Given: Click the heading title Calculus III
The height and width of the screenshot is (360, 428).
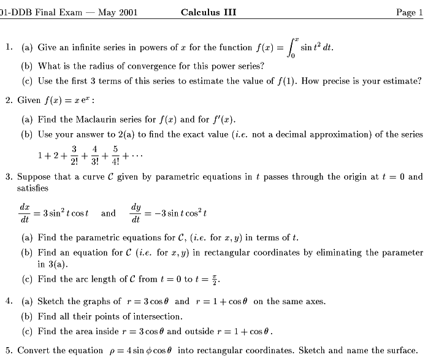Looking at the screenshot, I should pos(208,12).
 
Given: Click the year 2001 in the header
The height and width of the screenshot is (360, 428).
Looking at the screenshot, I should pos(127,12).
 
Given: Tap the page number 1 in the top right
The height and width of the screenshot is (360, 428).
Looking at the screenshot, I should pos(420,12).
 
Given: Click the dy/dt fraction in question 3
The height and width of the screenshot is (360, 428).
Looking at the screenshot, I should pos(136,213).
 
